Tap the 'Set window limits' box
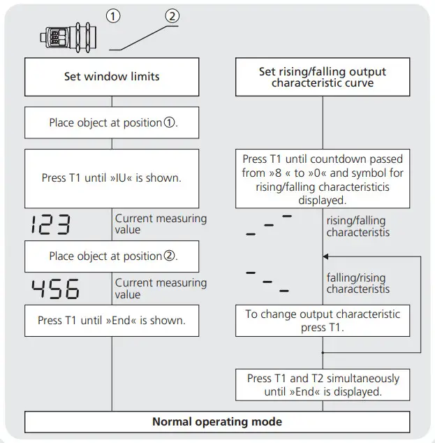(112, 77)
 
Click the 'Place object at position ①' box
(112, 123)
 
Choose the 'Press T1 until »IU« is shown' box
(112, 178)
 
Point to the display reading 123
(51, 224)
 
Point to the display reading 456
(54, 289)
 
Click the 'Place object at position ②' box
(112, 256)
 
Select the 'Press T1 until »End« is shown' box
(112, 321)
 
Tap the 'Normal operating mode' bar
(217, 422)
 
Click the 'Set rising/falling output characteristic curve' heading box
(322, 77)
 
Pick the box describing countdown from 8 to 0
(322, 179)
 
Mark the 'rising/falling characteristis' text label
(357, 226)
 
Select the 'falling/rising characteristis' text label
(357, 283)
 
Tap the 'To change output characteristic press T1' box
(322, 321)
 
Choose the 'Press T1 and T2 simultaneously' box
(322, 385)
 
